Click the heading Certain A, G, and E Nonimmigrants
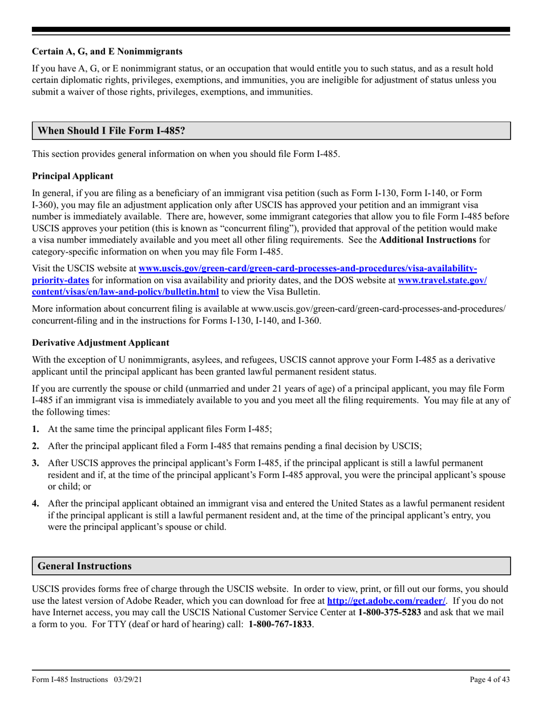(x=107, y=51)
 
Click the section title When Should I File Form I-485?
(x=111, y=130)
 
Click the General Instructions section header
(x=84, y=566)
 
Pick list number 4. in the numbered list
(x=36, y=503)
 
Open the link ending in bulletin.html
(x=126, y=292)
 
